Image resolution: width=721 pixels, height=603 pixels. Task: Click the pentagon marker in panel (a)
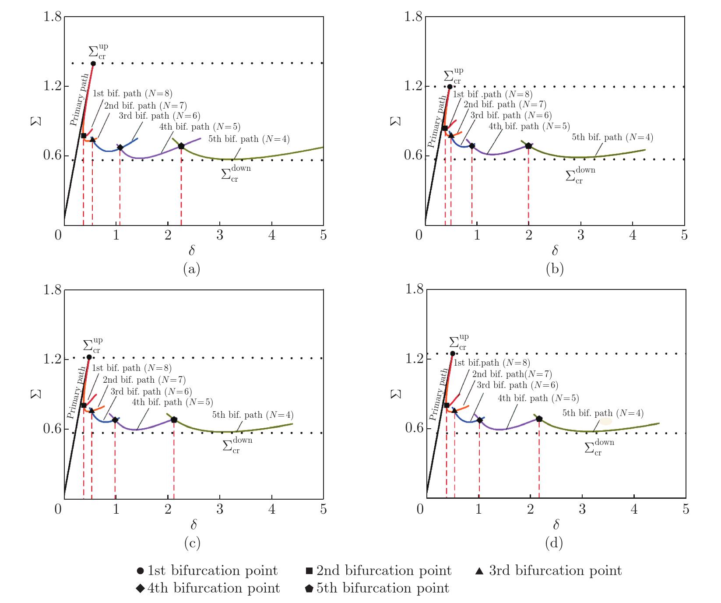tap(181, 146)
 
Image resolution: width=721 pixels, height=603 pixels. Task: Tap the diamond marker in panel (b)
tap(472, 146)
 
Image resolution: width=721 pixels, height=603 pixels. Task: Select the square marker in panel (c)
tap(84, 405)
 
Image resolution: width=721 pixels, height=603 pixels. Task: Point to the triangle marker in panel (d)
tap(454, 410)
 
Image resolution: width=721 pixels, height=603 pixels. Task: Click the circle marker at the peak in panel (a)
tap(93, 63)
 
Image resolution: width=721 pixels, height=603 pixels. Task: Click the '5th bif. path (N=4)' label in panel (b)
tap(612, 137)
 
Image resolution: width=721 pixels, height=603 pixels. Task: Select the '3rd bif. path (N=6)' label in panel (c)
tap(151, 391)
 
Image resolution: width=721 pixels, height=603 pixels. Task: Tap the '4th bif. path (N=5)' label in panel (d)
tap(538, 398)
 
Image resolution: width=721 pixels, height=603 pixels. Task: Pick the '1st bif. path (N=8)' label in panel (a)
tap(132, 93)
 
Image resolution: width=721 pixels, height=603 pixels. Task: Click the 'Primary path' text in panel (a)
tap(79, 100)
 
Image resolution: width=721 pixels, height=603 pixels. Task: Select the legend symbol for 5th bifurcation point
tap(309, 589)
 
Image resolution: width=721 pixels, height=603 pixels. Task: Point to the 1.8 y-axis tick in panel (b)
tap(413, 17)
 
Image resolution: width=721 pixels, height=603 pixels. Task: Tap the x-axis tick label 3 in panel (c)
tap(220, 509)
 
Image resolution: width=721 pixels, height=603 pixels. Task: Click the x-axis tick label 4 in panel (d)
tap(634, 509)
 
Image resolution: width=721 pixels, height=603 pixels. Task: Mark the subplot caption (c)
tap(192, 543)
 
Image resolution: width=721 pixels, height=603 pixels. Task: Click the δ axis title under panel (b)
tap(555, 250)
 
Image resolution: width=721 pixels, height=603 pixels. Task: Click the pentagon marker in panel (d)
tap(539, 419)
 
